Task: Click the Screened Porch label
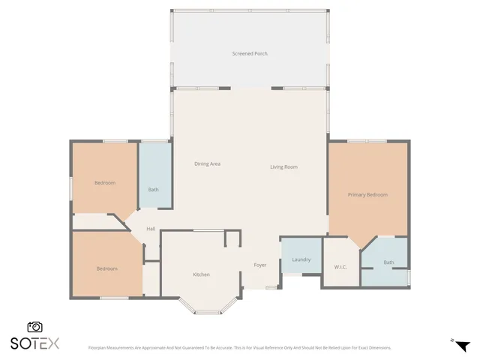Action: (x=250, y=54)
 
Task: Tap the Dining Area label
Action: (x=207, y=163)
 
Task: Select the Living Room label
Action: (x=284, y=166)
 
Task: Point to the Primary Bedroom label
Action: (x=367, y=195)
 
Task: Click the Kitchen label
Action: (x=201, y=274)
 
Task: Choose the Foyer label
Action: (x=260, y=265)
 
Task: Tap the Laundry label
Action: (x=301, y=259)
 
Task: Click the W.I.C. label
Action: (x=340, y=267)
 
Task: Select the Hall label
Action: (x=151, y=229)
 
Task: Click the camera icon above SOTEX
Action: (x=34, y=327)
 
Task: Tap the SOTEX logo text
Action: (x=34, y=343)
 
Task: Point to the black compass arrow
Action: (x=463, y=346)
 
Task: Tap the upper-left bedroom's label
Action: (x=105, y=183)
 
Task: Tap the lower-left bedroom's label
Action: (x=106, y=268)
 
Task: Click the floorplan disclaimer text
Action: (x=240, y=347)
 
